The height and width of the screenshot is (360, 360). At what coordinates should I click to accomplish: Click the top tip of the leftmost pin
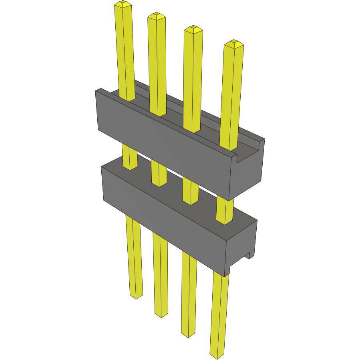coord(123,4)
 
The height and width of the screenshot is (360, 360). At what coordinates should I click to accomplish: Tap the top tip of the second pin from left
coord(157,16)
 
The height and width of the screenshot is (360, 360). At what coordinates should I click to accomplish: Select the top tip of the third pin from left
coord(193,29)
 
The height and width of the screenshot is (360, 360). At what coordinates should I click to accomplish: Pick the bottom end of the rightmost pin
coord(217,354)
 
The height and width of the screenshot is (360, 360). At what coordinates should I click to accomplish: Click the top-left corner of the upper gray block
coord(96,91)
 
